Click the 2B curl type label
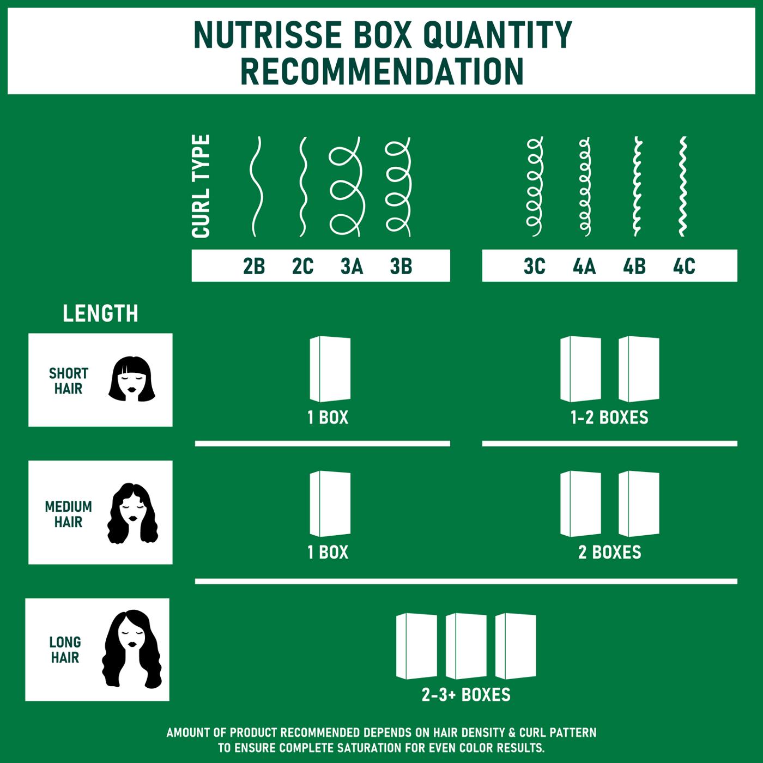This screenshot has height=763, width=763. pyautogui.click(x=254, y=267)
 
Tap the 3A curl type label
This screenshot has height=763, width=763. pyautogui.click(x=352, y=267)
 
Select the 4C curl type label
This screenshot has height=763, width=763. pyautogui.click(x=684, y=267)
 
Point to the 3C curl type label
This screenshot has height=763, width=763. pyautogui.click(x=534, y=267)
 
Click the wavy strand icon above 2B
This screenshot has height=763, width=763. pyautogui.click(x=256, y=186)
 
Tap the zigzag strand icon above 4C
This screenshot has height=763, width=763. pyautogui.click(x=682, y=186)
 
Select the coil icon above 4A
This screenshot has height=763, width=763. pyautogui.click(x=585, y=186)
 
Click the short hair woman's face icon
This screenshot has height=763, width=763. pyautogui.click(x=132, y=380)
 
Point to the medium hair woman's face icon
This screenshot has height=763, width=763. pyautogui.click(x=132, y=513)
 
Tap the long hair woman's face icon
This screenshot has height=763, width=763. pyautogui.click(x=131, y=649)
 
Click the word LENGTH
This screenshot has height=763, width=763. pyautogui.click(x=100, y=313)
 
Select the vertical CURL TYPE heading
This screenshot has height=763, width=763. pyautogui.click(x=201, y=186)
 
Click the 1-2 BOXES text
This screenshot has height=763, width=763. pyautogui.click(x=609, y=418)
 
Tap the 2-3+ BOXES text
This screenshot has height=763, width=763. pyautogui.click(x=466, y=695)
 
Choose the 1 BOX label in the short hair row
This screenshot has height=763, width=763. pyautogui.click(x=328, y=418)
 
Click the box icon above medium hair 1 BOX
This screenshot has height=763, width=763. pyautogui.click(x=330, y=504)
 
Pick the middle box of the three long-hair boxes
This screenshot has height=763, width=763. pyautogui.click(x=466, y=646)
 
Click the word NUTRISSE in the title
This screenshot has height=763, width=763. pyautogui.click(x=267, y=35)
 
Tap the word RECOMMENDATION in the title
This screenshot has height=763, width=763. pyautogui.click(x=382, y=71)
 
